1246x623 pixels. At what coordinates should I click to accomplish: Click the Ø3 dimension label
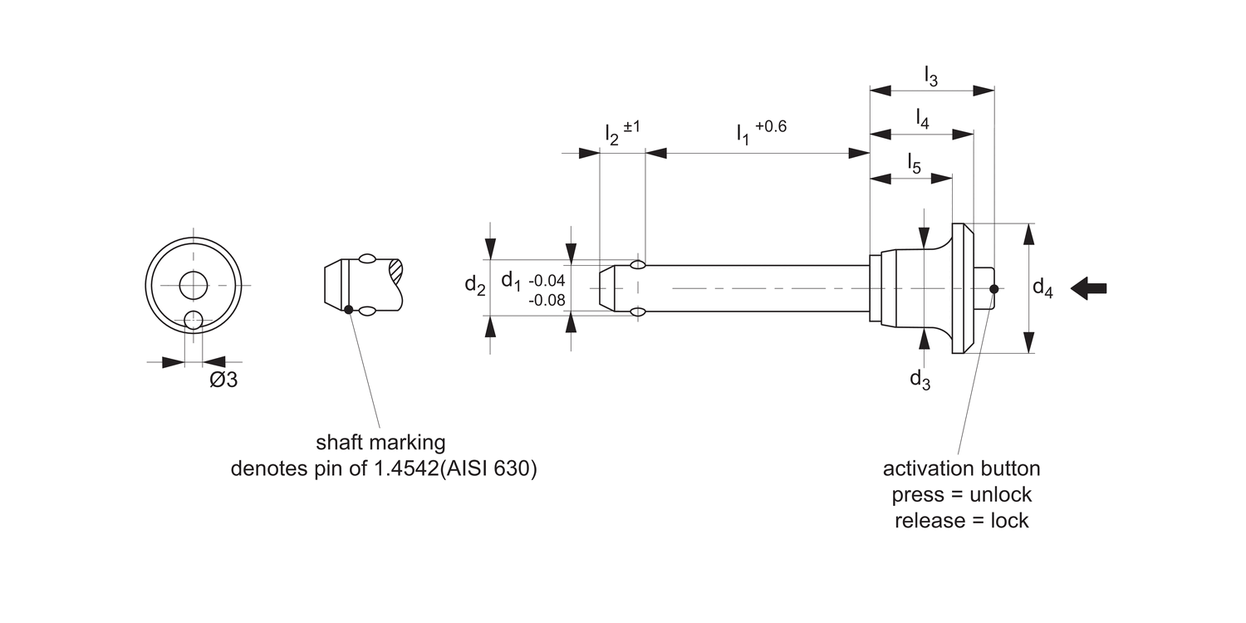223,380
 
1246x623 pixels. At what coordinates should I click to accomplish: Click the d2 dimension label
475,285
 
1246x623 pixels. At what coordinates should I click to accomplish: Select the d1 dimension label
512,281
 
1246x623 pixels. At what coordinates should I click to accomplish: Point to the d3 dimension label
920,380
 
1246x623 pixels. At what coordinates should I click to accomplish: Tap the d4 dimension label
1042,288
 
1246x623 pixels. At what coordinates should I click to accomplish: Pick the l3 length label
931,76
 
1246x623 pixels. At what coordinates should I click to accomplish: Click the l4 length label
922,118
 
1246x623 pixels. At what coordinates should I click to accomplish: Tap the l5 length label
914,163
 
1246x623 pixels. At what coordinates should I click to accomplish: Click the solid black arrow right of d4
1089,288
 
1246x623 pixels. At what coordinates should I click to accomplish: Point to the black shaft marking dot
348,310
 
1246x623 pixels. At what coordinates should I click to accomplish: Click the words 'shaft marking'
380,441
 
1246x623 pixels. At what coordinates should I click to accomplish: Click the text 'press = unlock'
961,494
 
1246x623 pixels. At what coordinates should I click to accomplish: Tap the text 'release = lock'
961,521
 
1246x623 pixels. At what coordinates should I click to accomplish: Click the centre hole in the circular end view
194,284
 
